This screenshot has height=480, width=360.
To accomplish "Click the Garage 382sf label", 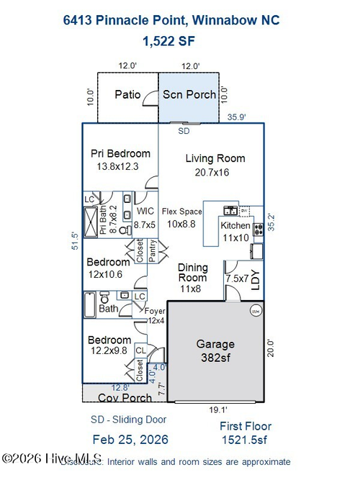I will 215,350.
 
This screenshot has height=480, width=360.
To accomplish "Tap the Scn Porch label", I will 189,94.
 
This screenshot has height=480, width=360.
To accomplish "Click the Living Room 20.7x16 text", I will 215,165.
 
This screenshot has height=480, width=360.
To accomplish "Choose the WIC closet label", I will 145,217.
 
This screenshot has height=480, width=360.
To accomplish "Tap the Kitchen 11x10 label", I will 235,231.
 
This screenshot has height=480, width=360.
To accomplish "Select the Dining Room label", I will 192,277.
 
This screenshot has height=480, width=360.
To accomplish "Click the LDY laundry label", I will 253,279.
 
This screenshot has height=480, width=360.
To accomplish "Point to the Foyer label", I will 156,315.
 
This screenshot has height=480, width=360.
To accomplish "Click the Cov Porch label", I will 125,397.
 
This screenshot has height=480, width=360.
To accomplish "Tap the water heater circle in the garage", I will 255,311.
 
